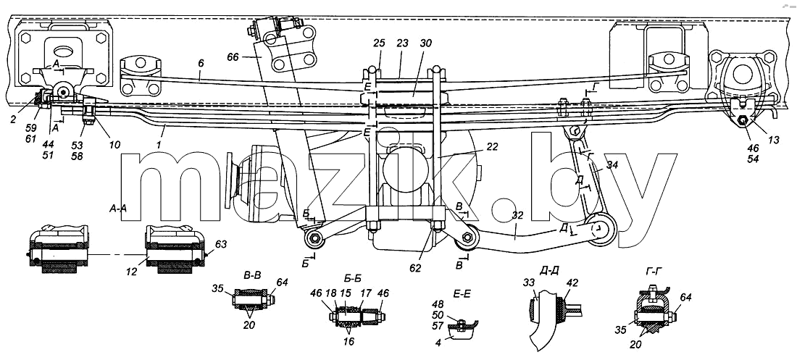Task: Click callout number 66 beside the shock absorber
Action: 235,57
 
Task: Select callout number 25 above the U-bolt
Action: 379,43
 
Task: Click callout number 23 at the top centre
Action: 402,43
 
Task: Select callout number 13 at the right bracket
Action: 773,141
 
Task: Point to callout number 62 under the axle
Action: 416,268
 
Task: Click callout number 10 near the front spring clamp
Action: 114,145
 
